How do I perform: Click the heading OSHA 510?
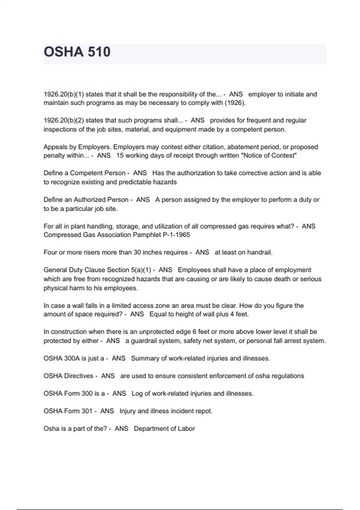(77, 52)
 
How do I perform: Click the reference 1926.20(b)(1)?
(64, 94)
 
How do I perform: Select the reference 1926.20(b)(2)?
(64, 121)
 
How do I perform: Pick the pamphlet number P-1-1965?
(176, 235)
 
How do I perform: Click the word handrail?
(259, 253)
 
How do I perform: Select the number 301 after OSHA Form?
(86, 411)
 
